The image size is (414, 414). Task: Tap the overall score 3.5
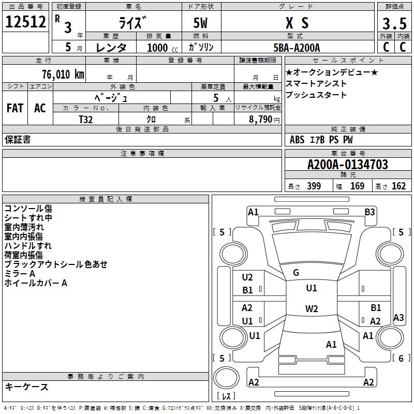coord(393,24)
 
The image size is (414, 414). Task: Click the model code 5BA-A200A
coord(297,48)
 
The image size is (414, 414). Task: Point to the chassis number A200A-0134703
coord(347,165)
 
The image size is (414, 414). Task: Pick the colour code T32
coord(86,119)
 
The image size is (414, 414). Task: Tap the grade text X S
coord(297,23)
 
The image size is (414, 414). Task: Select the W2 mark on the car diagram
coord(311,309)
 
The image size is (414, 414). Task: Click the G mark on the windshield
coord(295,273)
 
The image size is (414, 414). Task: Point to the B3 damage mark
coord(369,212)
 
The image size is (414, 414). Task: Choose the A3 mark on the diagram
coord(398,317)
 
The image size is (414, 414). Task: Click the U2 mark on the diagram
coord(247,277)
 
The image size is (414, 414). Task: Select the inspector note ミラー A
coord(20,273)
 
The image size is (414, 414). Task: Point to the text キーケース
coord(26,387)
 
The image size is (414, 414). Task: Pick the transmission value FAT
coord(14,108)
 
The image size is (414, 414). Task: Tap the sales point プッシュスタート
coord(316,95)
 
